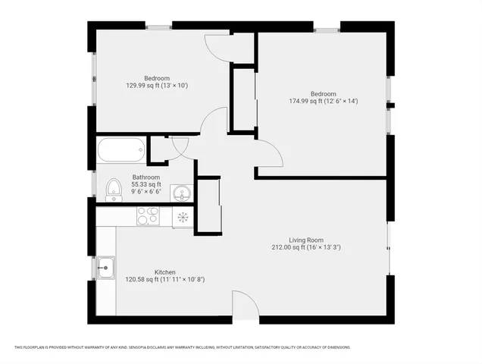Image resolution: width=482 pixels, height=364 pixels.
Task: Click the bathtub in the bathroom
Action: pos(121,149)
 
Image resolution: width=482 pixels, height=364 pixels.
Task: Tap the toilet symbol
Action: pos(113,189)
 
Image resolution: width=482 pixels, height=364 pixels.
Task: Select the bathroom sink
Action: pos(180,193)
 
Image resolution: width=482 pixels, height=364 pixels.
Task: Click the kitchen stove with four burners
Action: pos(146,216)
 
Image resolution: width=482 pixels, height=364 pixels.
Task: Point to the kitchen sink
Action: pos(106,266)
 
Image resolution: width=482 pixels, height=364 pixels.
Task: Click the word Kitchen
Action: pos(165,272)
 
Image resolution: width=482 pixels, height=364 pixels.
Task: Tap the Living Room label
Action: pos(300,240)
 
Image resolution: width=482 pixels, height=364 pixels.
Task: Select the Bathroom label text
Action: pos(146,177)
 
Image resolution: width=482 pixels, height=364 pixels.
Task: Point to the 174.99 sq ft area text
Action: pos(323,101)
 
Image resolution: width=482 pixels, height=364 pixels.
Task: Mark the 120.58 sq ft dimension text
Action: pos(164,279)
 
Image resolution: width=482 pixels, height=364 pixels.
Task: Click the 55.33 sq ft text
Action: pos(146,184)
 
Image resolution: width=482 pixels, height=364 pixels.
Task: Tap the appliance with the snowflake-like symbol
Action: pos(183,217)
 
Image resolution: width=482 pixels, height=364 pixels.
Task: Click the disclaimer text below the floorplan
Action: pos(182,347)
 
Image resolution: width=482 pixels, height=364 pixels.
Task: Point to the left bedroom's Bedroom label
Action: pos(157,78)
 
